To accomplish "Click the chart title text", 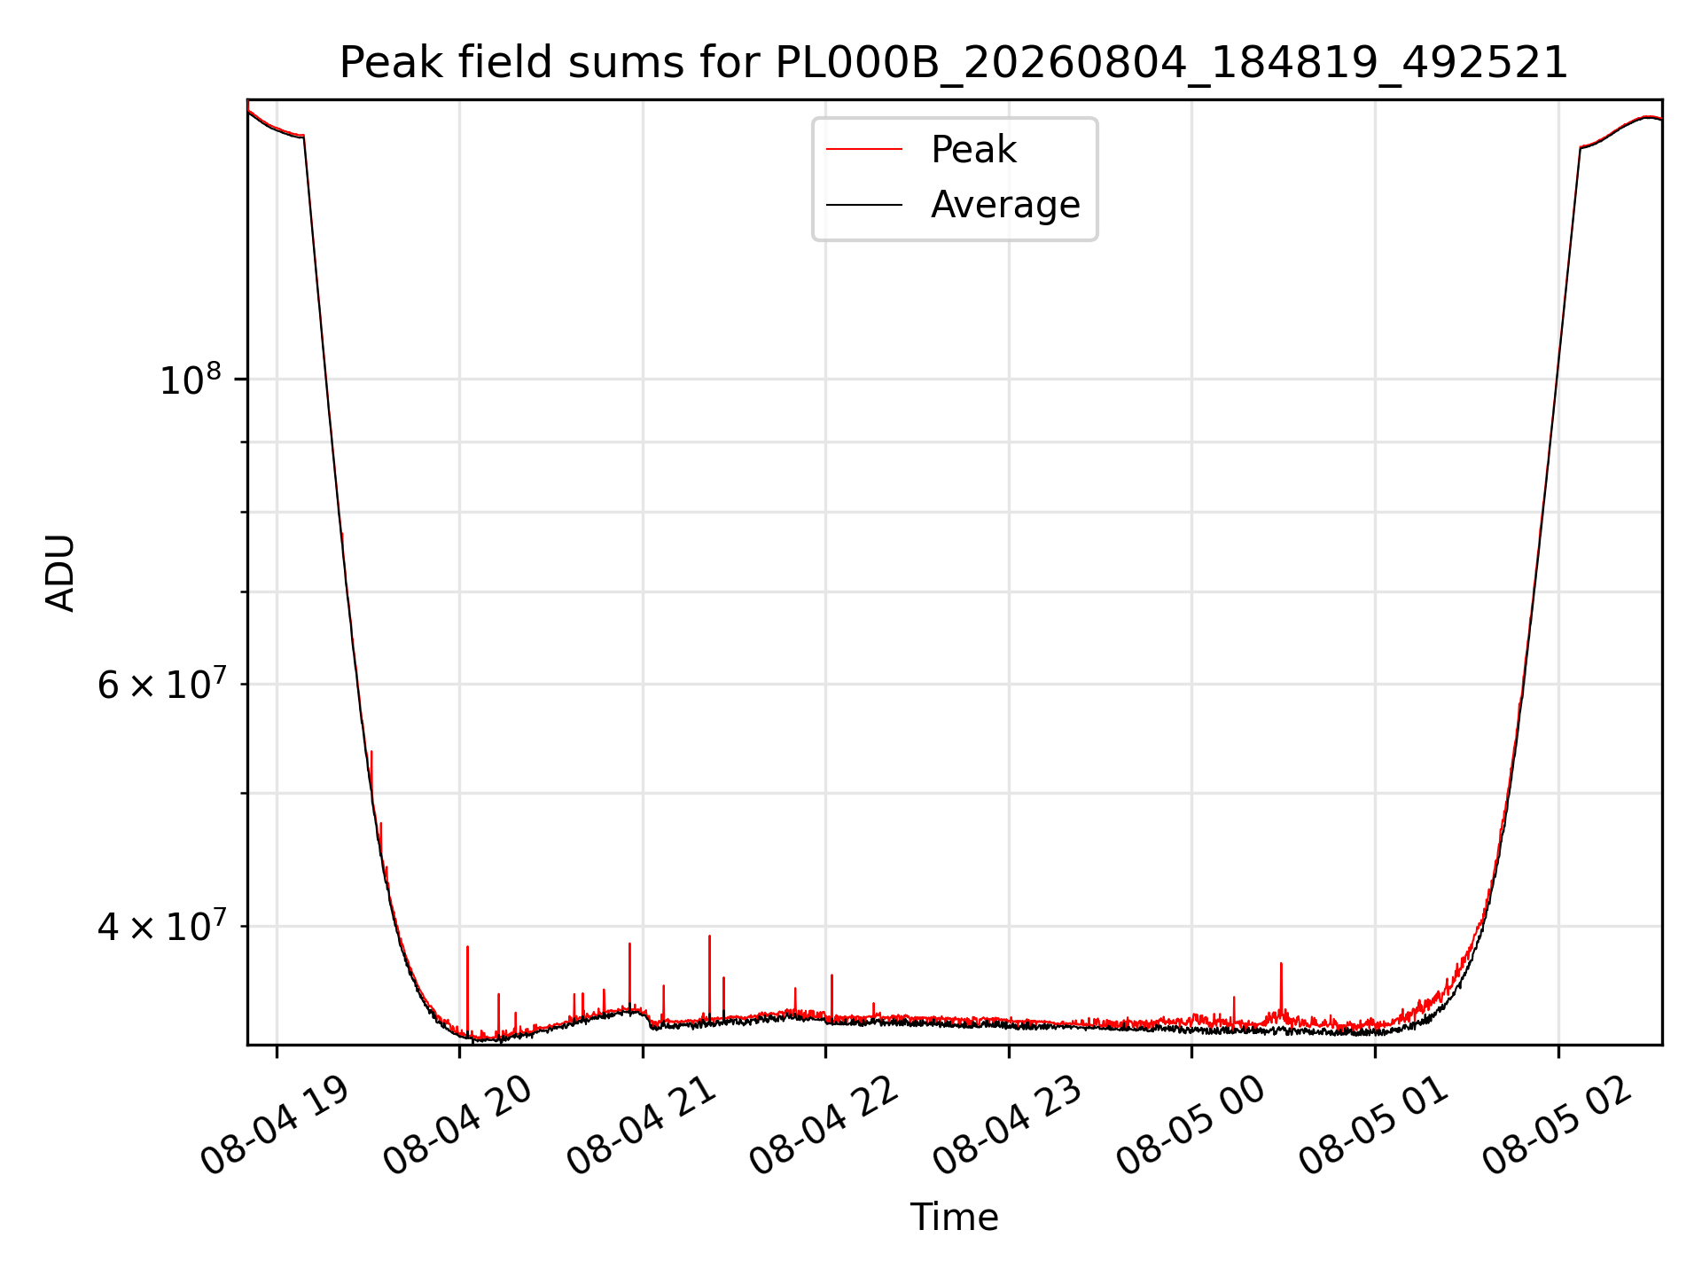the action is point(954,63).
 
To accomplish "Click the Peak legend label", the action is point(973,150).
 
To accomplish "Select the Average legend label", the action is point(1005,205).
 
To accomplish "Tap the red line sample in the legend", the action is point(864,150).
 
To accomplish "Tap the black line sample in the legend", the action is point(864,205).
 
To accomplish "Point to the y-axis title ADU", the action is point(60,573).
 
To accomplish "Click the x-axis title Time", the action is point(954,1218).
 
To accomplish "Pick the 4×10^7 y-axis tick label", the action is point(161,926).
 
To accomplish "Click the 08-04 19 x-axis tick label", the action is point(275,1126).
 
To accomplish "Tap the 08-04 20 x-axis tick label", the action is point(457,1126).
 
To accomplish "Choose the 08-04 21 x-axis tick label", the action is point(641,1126).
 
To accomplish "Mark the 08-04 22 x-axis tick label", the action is point(824,1126).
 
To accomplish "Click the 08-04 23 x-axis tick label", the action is point(1008,1126).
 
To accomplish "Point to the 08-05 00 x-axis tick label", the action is point(1191,1126).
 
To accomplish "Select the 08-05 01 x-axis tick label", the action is point(1374,1126).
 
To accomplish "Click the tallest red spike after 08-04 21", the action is point(709,975).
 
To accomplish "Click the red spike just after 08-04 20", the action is point(467,989).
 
